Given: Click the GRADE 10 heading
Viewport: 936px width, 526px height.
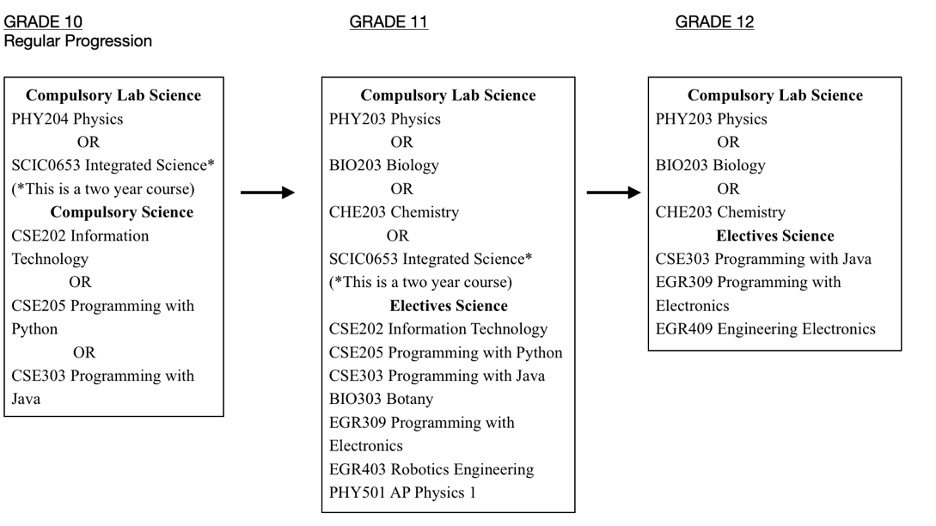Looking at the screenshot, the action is (43, 22).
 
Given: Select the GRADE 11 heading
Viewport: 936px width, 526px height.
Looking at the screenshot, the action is (388, 22).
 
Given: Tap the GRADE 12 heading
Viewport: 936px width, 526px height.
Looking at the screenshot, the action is (714, 22).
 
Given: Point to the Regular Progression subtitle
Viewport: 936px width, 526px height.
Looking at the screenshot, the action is (77, 41).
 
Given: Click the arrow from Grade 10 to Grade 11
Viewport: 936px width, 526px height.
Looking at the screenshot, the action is (268, 193).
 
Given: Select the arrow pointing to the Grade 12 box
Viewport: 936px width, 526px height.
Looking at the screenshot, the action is (614, 193).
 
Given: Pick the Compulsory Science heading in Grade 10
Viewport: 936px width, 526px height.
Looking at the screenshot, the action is (122, 212).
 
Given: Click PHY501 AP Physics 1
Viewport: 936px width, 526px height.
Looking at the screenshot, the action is (402, 492).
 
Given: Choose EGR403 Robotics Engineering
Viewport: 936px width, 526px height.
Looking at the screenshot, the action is (431, 469).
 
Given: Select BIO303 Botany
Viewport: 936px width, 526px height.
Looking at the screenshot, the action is (381, 399).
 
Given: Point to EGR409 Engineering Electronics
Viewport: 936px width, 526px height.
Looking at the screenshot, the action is (765, 329).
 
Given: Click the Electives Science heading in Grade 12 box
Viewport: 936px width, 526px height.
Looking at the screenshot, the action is (774, 235).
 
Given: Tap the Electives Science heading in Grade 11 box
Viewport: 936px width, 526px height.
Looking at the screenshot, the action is (449, 306).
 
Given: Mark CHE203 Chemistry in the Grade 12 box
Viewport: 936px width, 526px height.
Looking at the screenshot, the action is (720, 212).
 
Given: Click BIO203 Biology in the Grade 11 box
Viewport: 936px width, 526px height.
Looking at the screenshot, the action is (384, 165).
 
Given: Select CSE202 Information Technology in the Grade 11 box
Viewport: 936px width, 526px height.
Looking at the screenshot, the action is (438, 329).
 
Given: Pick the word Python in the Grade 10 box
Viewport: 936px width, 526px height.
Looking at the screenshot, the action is (34, 329).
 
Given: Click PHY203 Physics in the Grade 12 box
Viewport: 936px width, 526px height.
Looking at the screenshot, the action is (711, 119).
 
